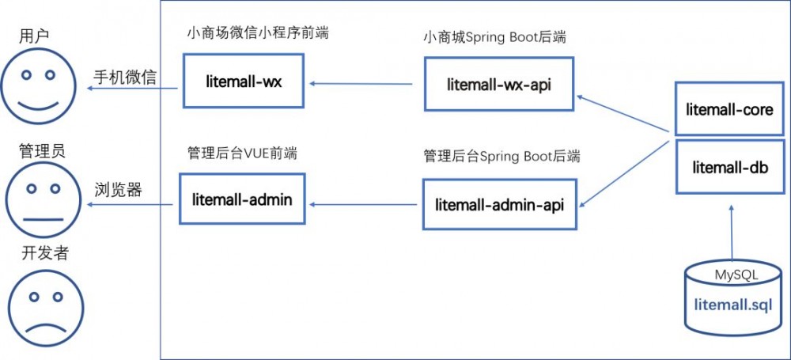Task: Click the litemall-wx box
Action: click(x=242, y=81)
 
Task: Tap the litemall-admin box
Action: click(x=242, y=199)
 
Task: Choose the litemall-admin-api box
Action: click(x=499, y=204)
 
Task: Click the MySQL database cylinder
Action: click(x=736, y=297)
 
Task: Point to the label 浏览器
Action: click(x=118, y=190)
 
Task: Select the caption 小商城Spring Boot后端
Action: click(x=494, y=37)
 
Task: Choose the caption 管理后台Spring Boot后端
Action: click(x=501, y=156)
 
